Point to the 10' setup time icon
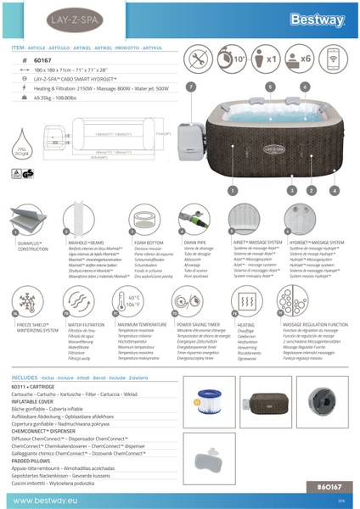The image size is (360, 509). [x=239, y=61]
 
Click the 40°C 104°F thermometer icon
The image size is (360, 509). [x=134, y=300]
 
